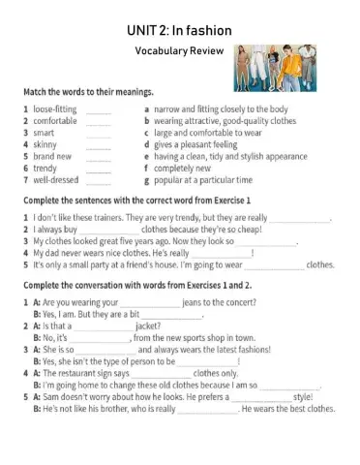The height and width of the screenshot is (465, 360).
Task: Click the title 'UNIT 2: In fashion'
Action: [x=179, y=30]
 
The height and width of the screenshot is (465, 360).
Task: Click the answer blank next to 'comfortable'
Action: [x=98, y=123]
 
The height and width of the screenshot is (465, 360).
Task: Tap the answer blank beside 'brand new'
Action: [x=98, y=158]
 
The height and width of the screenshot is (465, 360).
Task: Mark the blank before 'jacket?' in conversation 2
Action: [x=102, y=326]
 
